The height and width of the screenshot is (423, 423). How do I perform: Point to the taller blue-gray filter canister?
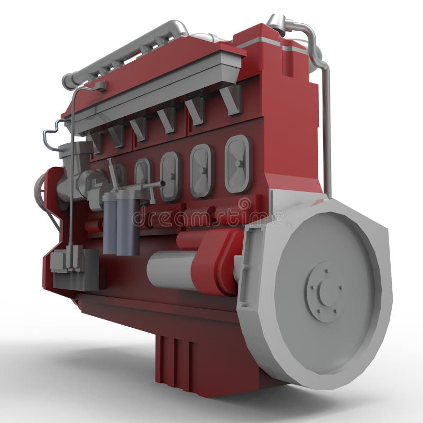(129, 222)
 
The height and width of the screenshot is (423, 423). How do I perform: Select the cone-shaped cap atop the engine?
(277, 22)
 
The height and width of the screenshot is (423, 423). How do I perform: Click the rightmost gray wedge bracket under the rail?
(232, 98)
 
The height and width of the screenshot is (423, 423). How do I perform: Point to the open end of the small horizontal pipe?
(162, 183)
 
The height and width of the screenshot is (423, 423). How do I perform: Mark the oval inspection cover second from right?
(201, 170)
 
